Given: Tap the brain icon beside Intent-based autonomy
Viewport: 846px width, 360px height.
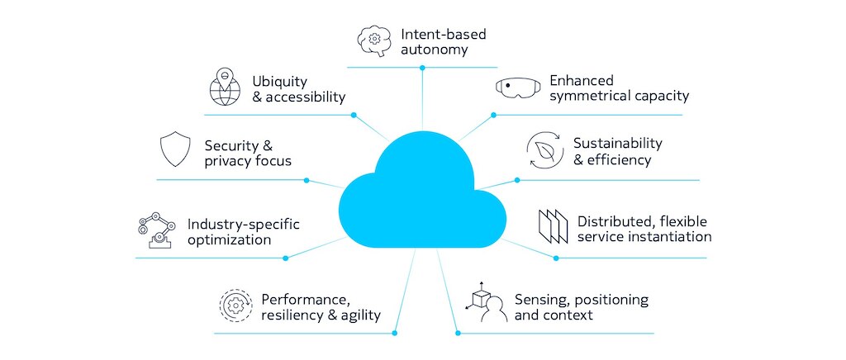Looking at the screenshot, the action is click(375, 41).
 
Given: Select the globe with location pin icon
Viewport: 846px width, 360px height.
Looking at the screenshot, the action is click(225, 86).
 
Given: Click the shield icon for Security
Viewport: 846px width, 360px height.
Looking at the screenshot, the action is click(175, 149).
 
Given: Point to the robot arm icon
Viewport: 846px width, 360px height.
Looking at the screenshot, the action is click(156, 230).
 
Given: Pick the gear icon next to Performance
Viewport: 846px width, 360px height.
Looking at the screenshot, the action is click(235, 306).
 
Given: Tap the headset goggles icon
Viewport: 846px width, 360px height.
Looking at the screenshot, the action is click(518, 88).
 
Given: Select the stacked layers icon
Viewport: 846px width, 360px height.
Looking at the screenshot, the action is click(553, 225).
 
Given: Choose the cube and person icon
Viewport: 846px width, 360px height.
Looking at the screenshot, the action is click(484, 302).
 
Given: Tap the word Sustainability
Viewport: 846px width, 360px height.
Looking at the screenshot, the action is click(617, 144).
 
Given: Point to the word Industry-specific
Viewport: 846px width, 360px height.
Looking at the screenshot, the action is click(244, 224).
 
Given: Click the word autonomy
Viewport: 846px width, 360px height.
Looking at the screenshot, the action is click(434, 50).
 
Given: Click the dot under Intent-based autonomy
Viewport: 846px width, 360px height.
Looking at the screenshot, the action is click(422, 68).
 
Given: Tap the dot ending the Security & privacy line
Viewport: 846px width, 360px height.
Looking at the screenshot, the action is click(307, 181).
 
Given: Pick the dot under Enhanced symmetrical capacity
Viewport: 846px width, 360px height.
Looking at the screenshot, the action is click(493, 115).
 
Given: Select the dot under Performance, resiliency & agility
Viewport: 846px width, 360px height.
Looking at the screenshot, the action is click(395, 333).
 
